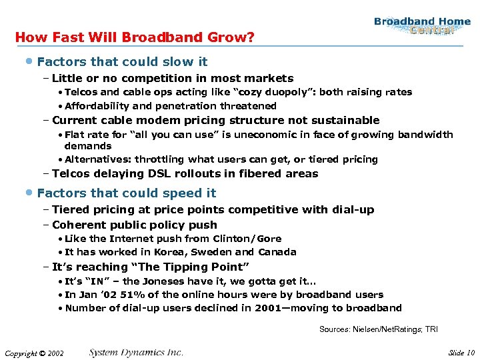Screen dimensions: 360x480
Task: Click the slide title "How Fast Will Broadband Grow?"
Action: coord(134,37)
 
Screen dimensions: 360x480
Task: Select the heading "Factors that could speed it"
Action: coord(127,193)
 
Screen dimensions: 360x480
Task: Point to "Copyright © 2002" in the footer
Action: coord(33,353)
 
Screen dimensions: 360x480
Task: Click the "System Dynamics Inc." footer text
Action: coord(136,353)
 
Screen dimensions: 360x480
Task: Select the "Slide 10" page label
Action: coord(461,353)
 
